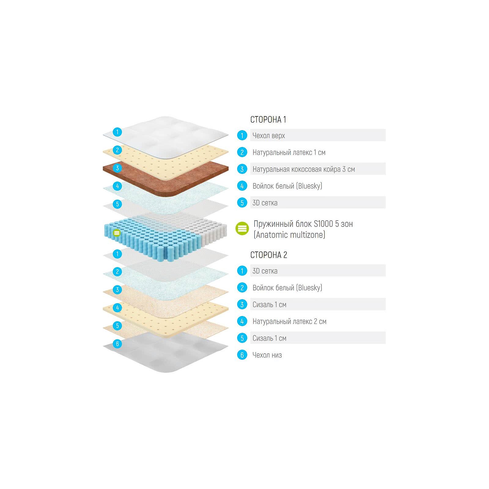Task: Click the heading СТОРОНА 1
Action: pyautogui.click(x=268, y=119)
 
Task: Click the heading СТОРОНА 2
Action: pyautogui.click(x=269, y=255)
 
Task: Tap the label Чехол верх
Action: pyautogui.click(x=269, y=135)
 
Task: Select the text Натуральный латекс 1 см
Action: pyautogui.click(x=289, y=152)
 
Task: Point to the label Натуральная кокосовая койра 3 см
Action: pyautogui.click(x=303, y=169)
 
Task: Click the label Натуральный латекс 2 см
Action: pyautogui.click(x=289, y=321)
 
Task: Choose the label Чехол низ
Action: pyautogui.click(x=267, y=355)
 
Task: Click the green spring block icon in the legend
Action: pyautogui.click(x=242, y=229)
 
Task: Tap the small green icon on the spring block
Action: pyautogui.click(x=116, y=233)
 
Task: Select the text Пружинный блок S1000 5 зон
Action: pyautogui.click(x=303, y=224)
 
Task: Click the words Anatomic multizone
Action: pyautogui.click(x=289, y=235)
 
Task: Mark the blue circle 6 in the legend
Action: pyautogui.click(x=242, y=355)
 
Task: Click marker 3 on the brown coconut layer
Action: pyautogui.click(x=117, y=168)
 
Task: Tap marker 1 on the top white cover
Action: pyautogui.click(x=117, y=132)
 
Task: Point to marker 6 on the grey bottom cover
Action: pyautogui.click(x=117, y=344)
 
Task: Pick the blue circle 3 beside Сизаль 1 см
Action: pyautogui.click(x=242, y=304)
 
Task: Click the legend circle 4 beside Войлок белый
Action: pyautogui.click(x=242, y=186)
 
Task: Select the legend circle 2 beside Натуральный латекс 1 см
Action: pyautogui.click(x=242, y=152)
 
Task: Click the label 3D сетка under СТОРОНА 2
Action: pyautogui.click(x=265, y=271)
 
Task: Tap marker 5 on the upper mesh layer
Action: pyautogui.click(x=117, y=204)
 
